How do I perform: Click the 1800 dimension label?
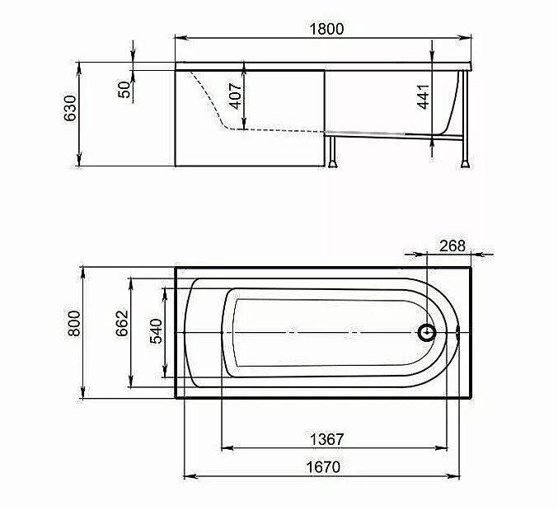(x=326, y=27)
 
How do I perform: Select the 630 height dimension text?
(x=72, y=107)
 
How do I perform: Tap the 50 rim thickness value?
(x=124, y=88)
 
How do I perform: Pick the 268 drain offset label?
(x=452, y=245)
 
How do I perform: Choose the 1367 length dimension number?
(x=326, y=438)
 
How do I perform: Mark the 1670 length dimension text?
(x=325, y=466)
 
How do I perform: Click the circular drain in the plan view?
(x=427, y=333)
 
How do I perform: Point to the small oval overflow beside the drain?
(x=458, y=333)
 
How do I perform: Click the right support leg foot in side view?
(x=466, y=161)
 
